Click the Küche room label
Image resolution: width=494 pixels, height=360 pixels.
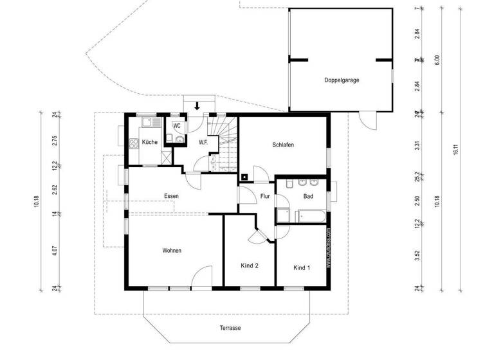click(149, 141)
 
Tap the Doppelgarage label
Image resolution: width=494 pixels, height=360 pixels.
click(342, 80)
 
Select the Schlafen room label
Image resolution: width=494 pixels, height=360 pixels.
click(283, 145)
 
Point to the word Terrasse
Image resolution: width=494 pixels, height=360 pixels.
click(229, 328)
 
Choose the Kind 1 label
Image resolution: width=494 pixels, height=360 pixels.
click(302, 267)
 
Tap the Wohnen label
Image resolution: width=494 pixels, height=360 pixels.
click(171, 250)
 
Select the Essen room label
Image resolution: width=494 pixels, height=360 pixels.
click(171, 195)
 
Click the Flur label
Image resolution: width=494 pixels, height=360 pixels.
click(265, 196)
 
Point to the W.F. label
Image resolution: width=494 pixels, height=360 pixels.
click(203, 142)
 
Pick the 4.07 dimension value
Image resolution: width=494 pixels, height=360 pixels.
click(55, 252)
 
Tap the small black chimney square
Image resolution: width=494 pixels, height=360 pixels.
click(244, 175)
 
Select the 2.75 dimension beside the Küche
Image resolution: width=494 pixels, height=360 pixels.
click(55, 141)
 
